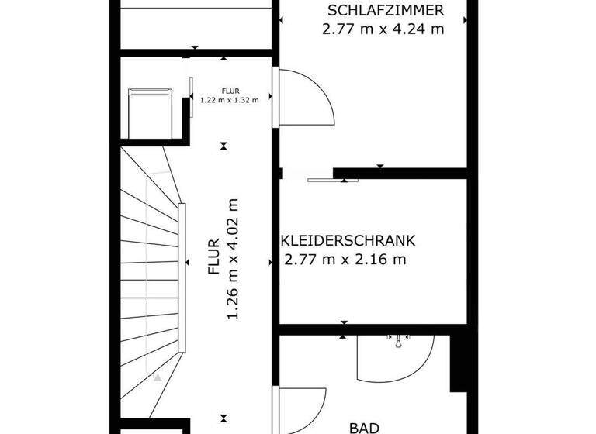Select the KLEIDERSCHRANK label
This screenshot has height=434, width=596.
click(349, 240)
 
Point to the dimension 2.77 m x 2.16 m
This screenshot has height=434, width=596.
click(345, 260)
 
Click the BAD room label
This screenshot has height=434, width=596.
click(363, 427)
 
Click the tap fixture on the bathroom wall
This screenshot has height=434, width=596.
click(398, 339)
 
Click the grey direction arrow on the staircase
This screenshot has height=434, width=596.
click(157, 378)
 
